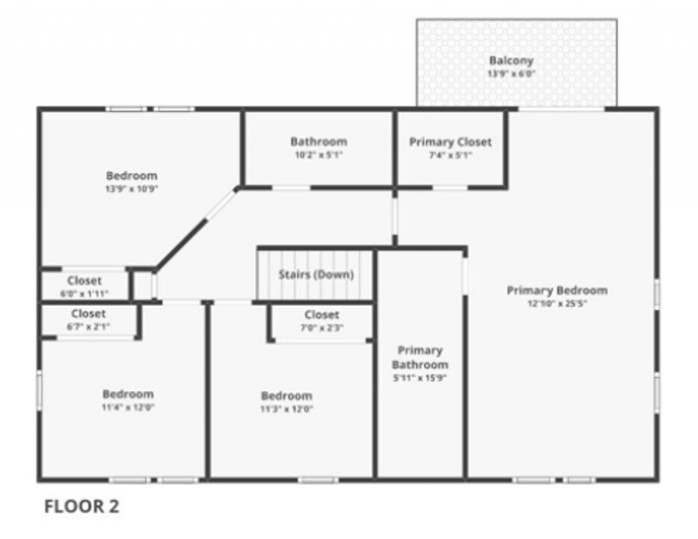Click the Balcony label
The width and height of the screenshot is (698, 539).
510,60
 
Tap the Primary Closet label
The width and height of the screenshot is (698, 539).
450,142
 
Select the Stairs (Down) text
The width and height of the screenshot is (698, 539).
316,274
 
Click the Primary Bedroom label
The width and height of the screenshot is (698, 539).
557,290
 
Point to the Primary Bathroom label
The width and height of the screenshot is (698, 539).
420,358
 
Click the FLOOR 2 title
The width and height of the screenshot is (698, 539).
81,506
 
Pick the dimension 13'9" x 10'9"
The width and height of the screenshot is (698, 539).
131,189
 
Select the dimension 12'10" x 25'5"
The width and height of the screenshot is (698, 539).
557,304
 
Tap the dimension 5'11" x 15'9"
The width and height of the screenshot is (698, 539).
420,378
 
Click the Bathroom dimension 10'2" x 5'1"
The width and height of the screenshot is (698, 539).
318,155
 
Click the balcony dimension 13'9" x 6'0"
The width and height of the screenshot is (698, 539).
510,74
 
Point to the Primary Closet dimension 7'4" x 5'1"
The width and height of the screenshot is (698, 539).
450,155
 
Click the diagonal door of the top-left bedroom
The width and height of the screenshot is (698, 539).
221,204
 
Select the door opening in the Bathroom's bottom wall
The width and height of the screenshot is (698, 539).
291,188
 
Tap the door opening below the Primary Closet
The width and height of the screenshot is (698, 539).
450,188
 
